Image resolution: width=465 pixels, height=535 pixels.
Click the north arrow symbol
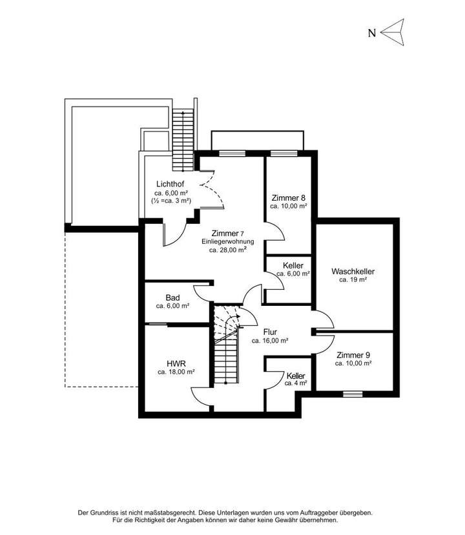tap(392, 32)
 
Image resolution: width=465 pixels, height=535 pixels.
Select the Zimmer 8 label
tap(288, 197)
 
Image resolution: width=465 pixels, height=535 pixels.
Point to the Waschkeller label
tap(353, 271)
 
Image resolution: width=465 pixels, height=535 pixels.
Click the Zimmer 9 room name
tap(353, 355)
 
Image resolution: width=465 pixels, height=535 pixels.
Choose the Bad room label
tap(172, 298)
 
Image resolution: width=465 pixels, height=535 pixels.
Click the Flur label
tap(269, 332)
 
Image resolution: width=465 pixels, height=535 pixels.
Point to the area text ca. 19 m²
tap(353, 280)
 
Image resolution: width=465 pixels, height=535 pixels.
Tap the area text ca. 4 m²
tap(296, 383)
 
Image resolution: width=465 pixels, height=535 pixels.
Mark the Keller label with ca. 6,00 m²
tap(293, 265)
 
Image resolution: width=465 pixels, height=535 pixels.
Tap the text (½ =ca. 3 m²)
tap(172, 201)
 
